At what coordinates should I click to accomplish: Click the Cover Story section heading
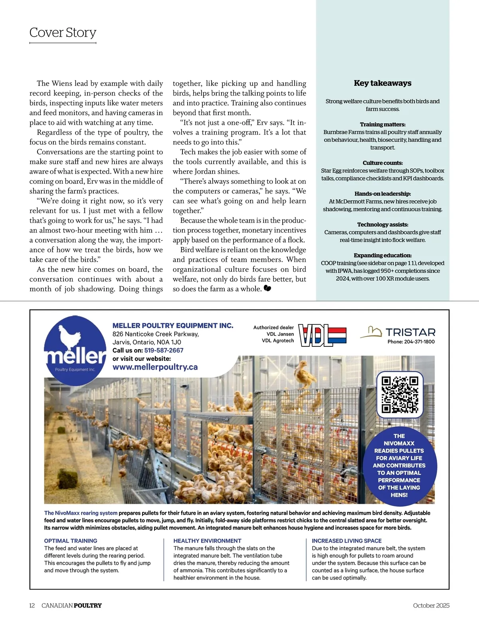63,32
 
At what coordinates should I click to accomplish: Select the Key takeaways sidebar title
382,83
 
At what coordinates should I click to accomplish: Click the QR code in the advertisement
400,394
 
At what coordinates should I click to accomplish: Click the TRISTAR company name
410,332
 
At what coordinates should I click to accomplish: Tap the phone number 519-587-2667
164,350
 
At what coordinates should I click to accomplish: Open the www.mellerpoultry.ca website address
155,367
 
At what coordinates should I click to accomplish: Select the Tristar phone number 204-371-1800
411,342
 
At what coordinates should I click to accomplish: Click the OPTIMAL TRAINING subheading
71,541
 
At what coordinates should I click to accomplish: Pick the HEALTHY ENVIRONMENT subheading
202,541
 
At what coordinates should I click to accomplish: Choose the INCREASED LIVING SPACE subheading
346,541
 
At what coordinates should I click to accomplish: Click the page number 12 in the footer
32,605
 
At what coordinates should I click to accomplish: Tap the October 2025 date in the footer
431,605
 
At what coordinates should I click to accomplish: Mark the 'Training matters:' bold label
382,124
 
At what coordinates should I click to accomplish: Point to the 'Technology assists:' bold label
382,225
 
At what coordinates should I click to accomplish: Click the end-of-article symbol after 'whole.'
267,288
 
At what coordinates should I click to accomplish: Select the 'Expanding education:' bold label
382,255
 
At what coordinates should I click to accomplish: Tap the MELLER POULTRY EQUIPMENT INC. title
173,326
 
